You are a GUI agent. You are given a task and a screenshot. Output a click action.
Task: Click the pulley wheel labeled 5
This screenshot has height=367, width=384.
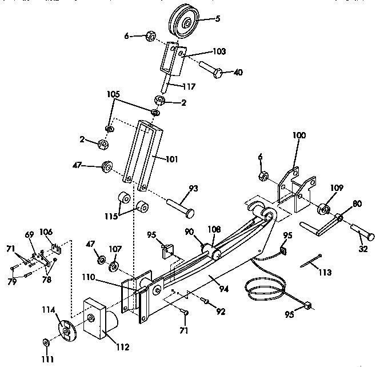185,25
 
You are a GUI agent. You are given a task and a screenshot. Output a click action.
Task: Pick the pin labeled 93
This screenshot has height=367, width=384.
180,204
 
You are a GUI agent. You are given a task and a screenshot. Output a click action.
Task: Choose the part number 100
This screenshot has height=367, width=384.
299,135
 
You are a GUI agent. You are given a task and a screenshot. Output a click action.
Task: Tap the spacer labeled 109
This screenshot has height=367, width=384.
323,208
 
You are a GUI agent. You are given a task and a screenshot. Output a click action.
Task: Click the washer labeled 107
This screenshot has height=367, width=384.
114,266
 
